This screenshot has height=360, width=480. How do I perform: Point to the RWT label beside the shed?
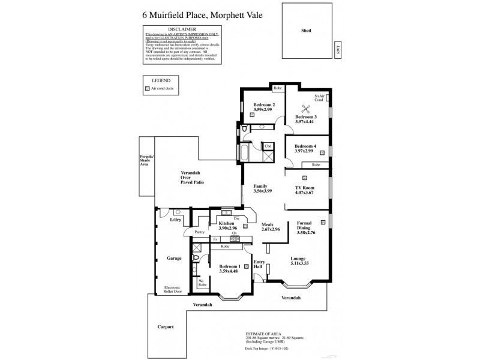[337, 53]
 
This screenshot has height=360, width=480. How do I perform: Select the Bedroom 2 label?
[263, 105]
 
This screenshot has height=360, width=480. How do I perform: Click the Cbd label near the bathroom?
[268, 146]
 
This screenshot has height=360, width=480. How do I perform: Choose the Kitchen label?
[226, 223]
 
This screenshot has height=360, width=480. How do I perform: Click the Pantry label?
[200, 232]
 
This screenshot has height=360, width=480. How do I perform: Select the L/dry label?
[175, 220]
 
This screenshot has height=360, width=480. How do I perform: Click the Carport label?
[166, 327]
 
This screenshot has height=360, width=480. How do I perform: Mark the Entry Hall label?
[259, 265]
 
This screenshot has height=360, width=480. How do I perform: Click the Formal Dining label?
[308, 226]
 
